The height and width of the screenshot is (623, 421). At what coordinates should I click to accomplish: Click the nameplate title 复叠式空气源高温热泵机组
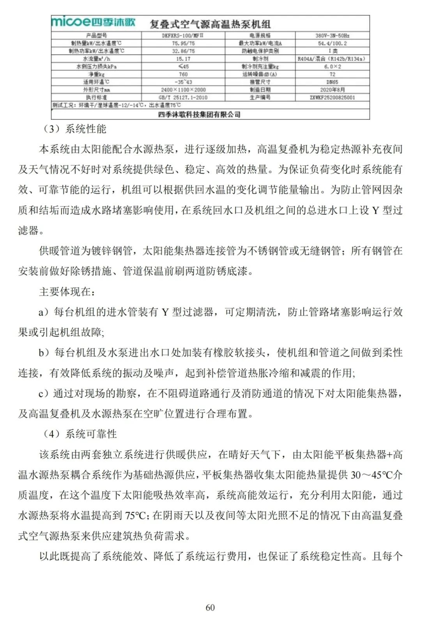[210, 24]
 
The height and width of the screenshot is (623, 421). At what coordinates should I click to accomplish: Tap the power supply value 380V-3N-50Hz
[332, 35]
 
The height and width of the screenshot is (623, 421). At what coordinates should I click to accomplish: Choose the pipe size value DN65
[332, 82]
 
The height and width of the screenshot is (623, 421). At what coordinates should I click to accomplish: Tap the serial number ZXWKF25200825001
[332, 97]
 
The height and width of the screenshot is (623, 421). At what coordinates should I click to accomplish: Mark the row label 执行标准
[96, 97]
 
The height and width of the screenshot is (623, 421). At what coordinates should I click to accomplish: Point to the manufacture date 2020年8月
[332, 90]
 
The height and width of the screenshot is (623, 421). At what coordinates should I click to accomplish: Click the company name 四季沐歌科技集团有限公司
[199, 115]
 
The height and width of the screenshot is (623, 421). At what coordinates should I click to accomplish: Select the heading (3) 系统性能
[74, 129]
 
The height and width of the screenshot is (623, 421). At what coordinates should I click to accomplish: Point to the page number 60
[210, 607]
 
